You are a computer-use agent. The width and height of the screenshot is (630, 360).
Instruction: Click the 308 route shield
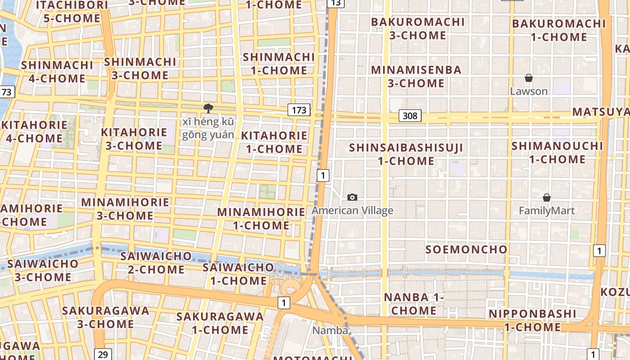point(410,116)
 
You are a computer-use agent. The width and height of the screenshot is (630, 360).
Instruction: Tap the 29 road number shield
point(103,354)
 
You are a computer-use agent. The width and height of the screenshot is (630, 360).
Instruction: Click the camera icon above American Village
point(352,197)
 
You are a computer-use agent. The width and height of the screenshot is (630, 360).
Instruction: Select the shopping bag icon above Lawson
point(529,78)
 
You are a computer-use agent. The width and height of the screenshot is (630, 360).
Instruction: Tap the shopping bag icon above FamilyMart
point(547,198)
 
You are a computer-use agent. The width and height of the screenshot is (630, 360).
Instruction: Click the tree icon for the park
point(208,108)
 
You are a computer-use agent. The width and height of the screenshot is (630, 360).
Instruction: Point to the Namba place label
point(330,330)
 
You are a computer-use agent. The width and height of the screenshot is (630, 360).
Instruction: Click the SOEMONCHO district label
point(466,249)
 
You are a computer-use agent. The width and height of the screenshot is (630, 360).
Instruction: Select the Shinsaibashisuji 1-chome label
point(406,154)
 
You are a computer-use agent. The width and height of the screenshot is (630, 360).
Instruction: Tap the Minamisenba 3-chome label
point(416,76)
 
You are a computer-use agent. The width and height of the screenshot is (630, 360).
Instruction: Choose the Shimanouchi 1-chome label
point(557,153)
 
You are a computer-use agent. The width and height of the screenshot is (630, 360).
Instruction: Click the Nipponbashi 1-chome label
point(532,320)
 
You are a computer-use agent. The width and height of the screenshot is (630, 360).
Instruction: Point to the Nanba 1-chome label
point(414,304)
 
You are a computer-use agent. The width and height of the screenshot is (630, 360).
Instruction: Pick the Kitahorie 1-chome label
point(274,142)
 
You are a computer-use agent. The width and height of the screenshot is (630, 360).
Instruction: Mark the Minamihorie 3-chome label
point(125,209)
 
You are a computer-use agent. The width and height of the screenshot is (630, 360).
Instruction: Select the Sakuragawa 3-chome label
point(105,317)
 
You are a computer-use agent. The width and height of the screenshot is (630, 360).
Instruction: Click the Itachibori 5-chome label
point(72,12)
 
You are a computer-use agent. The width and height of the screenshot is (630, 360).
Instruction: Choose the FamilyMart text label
point(547,211)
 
